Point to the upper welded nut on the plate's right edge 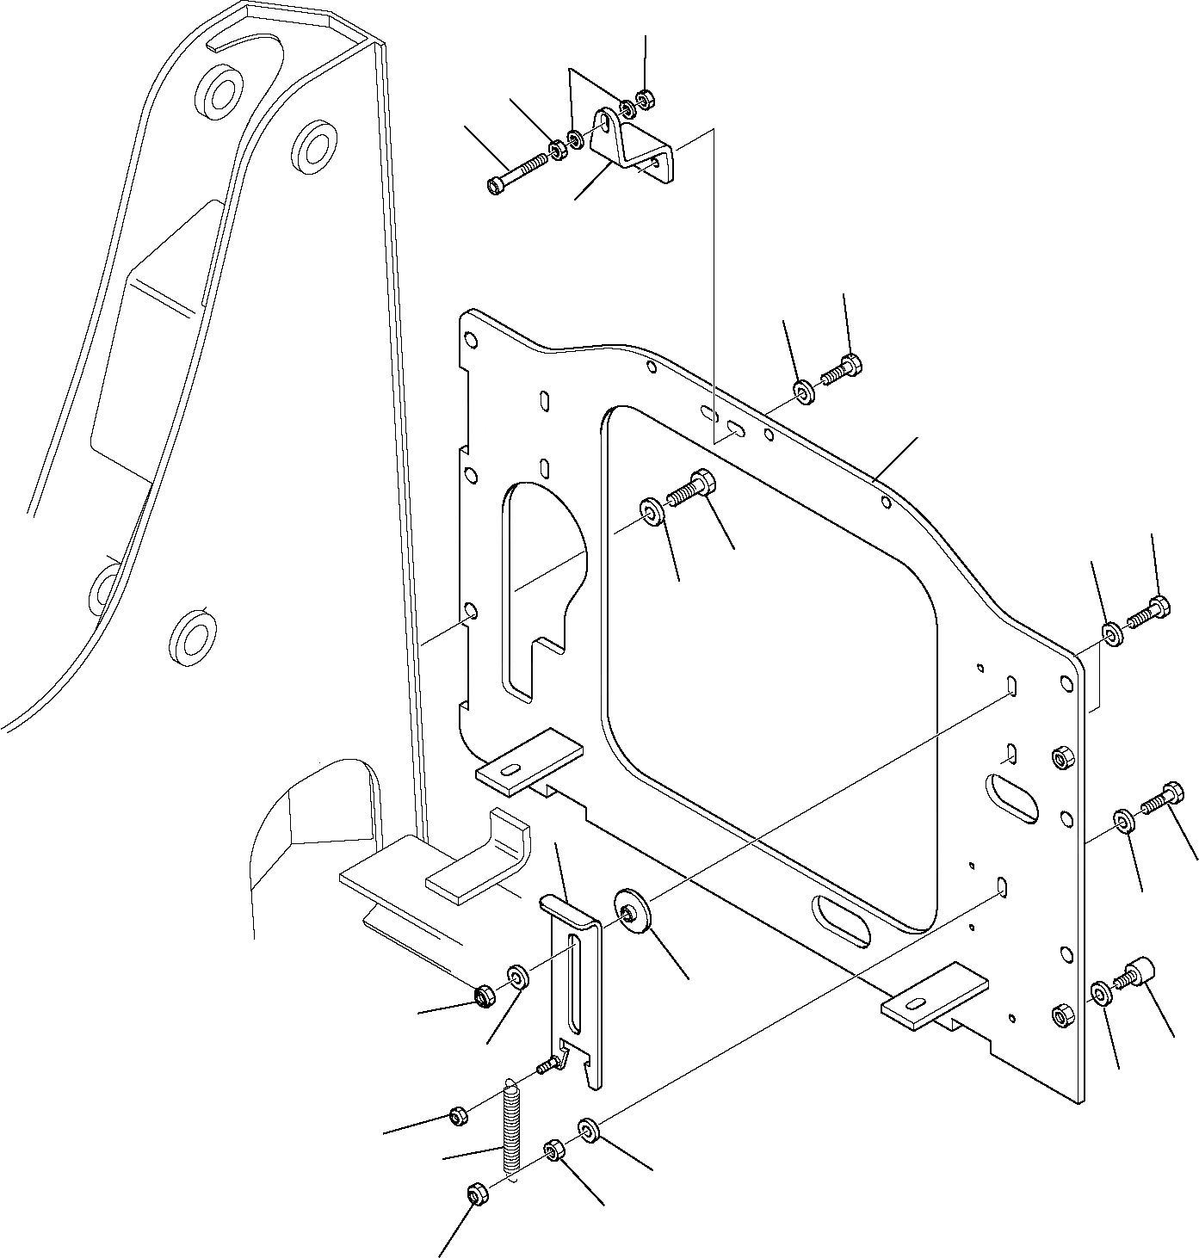pos(1061,758)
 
